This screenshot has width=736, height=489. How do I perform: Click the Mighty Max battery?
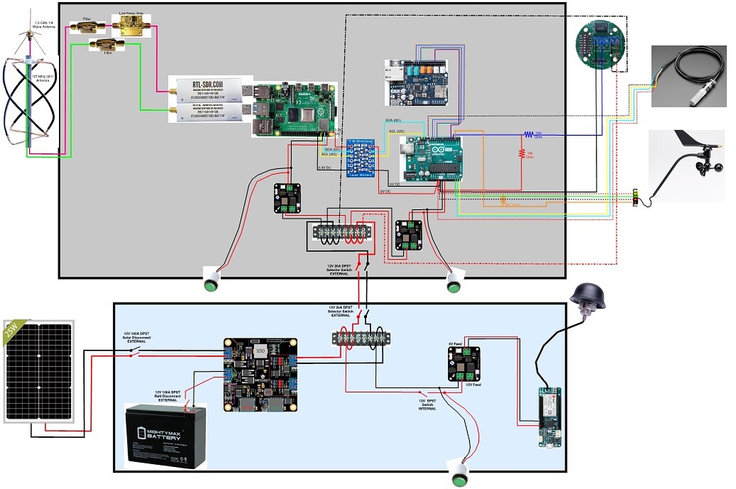pos(165,435)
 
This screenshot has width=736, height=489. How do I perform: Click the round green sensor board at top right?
pos(602,43)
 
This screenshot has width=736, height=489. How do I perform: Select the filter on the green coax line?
pos(106,45)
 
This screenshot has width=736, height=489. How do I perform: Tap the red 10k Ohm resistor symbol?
pos(521,153)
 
